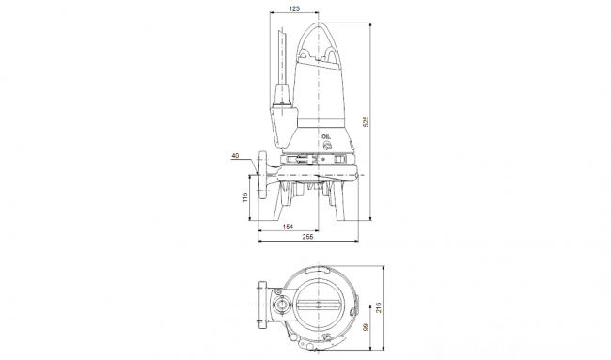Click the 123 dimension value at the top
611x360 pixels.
pos(294,8)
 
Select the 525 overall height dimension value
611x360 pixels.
pos(366,121)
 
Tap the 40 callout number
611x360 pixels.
pos(235,156)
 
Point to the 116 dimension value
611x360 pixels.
pos(244,197)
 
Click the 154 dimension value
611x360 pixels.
pos(288,227)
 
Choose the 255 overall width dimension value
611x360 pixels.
pos(307,237)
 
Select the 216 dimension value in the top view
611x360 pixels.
pos(379,307)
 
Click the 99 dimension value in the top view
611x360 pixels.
pos(366,327)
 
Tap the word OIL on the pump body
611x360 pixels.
pos(326,137)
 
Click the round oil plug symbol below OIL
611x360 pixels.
pos(326,146)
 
